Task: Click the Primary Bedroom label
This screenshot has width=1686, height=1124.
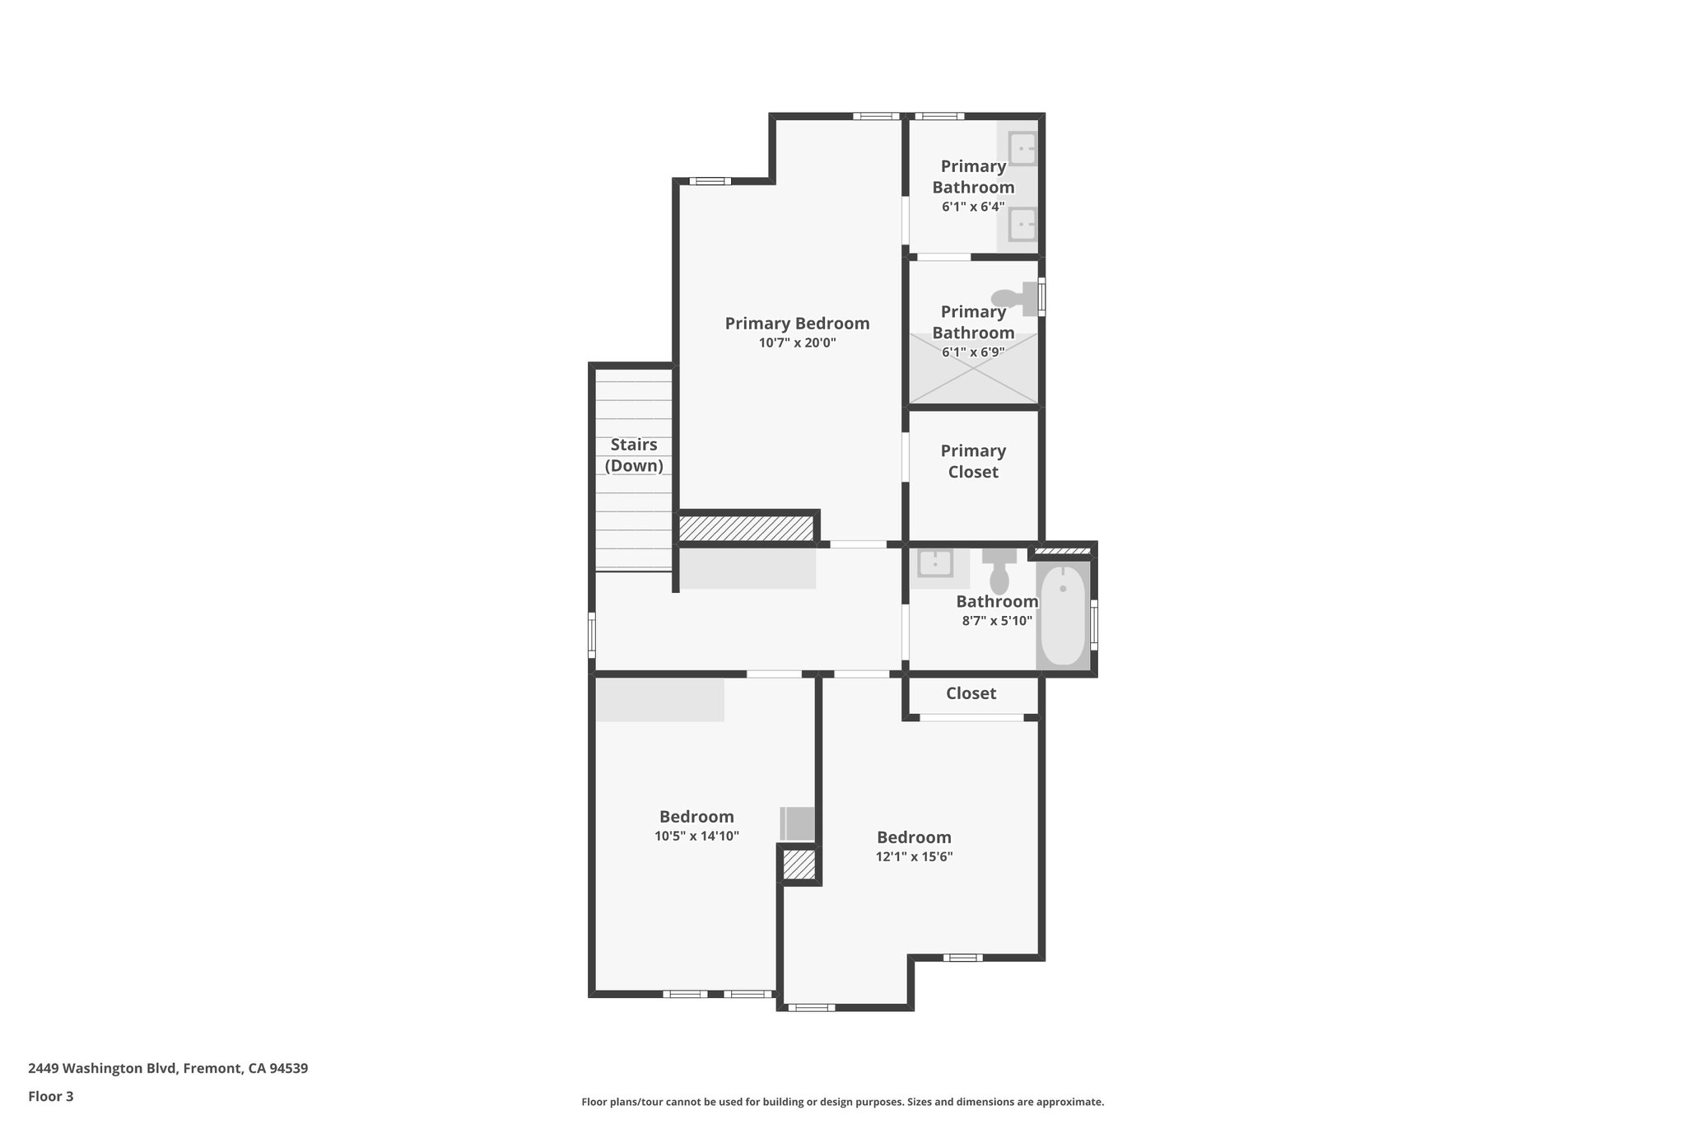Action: [797, 324]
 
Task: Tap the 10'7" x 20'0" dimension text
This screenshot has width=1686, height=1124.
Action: [797, 343]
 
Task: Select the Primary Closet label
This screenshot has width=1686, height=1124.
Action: [973, 461]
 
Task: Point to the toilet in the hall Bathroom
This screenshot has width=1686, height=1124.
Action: [999, 571]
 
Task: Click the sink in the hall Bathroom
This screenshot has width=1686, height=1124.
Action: [935, 564]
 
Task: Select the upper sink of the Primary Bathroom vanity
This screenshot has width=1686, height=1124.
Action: [1022, 150]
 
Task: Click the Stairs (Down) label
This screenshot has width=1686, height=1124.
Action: [634, 455]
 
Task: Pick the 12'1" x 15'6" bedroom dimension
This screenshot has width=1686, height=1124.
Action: [914, 856]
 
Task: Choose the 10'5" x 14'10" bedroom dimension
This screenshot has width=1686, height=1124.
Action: [696, 836]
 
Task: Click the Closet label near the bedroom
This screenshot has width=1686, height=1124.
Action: [971, 693]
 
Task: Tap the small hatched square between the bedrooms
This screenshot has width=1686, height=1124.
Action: [799, 865]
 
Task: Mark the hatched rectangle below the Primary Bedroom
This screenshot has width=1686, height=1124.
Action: [746, 528]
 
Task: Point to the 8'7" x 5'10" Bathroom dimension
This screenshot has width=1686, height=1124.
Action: [997, 621]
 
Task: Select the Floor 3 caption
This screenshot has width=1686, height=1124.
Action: [51, 1096]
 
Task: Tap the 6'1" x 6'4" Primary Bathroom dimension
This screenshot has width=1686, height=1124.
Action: [973, 207]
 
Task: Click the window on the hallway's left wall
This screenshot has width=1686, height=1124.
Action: [592, 635]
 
